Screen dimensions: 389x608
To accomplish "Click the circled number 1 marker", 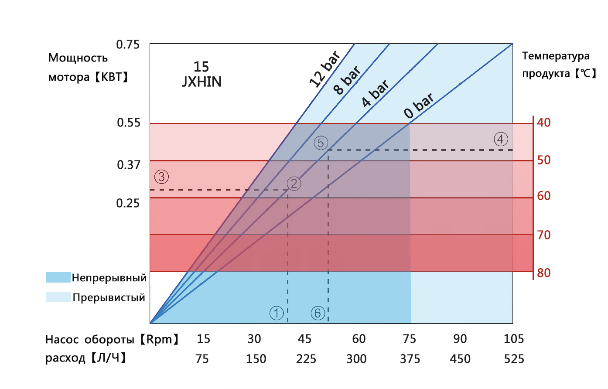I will coord(277,313).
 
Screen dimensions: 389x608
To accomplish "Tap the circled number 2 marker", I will coord(294,184).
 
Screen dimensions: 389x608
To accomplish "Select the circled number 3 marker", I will coord(161,177).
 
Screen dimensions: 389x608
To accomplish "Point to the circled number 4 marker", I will coord(501,139).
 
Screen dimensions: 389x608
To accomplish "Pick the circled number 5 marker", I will coord(321,143).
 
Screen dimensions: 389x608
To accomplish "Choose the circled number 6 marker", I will coord(318,313).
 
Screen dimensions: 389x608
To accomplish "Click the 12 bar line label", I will coord(324,69).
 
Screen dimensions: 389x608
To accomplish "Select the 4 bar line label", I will coord(375,93).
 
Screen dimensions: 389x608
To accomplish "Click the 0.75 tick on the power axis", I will coord(128,44).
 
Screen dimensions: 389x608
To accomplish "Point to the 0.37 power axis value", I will coord(129,165).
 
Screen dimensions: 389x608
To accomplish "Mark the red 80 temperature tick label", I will coord(544,273).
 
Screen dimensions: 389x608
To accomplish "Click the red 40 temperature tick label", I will coord(544,123).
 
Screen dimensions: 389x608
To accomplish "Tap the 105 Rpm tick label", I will coord(514,339).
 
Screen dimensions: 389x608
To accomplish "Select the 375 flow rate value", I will coord(410,359).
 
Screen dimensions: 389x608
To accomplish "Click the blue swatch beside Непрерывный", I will coord(58,277).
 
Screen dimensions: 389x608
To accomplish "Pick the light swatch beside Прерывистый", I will coord(58,297).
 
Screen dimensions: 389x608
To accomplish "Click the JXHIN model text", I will coord(202,82).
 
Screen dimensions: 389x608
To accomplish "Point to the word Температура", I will coord(556,56).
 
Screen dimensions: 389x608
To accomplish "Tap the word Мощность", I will coord(78,58).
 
